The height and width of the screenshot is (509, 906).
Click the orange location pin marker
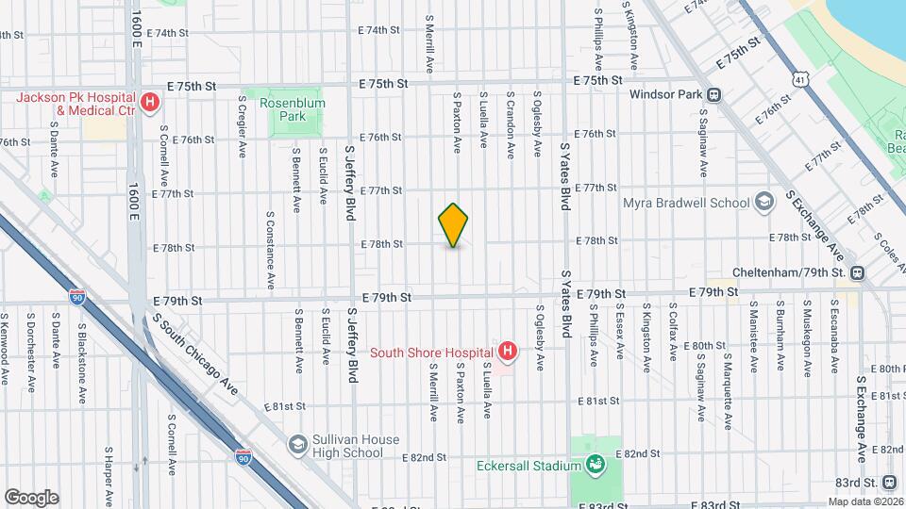coord(453,225)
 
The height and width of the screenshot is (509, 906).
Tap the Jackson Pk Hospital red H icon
coord(148,103)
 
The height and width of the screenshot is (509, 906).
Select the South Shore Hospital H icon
coord(508,353)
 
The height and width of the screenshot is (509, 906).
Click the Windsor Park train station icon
coord(714,94)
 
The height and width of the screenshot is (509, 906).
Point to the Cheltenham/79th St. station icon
coord(857,272)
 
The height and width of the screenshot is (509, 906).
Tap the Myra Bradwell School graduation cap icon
coord(763,203)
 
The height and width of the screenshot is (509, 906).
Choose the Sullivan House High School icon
coord(298,445)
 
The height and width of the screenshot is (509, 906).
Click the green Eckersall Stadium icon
coord(596,464)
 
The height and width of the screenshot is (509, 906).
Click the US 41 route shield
coord(800,79)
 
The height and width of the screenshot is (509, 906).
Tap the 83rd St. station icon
coord(890,483)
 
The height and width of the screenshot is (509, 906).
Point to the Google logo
coord(31,498)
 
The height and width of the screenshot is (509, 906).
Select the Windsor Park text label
coord(664,94)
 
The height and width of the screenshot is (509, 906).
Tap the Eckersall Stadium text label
coord(528,464)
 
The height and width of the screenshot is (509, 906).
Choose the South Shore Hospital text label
coord(430,353)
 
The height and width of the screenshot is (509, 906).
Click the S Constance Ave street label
coord(270,250)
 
